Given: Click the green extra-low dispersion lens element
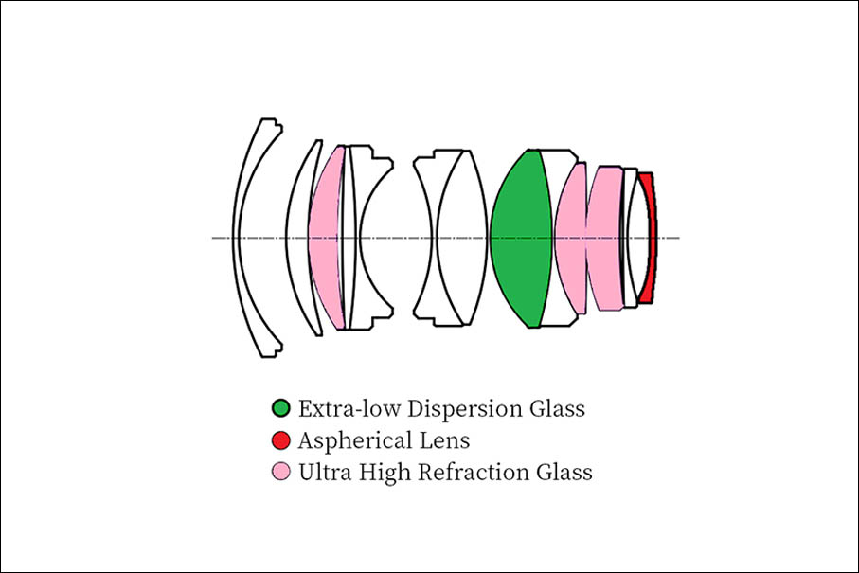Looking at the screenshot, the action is click(521, 239).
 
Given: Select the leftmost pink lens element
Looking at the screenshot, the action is click(326, 239).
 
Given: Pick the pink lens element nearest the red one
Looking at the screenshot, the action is click(605, 239).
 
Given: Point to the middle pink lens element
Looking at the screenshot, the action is click(571, 239).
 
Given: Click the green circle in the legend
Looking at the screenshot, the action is click(281, 407).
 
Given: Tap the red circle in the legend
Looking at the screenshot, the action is click(281, 439).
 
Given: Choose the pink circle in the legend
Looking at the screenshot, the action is click(281, 472).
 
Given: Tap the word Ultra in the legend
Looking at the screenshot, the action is click(325, 473).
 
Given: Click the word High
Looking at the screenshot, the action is click(385, 474).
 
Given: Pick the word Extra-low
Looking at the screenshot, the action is click(349, 408).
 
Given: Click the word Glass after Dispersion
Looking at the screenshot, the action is click(557, 408).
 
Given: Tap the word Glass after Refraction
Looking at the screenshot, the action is click(564, 473).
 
